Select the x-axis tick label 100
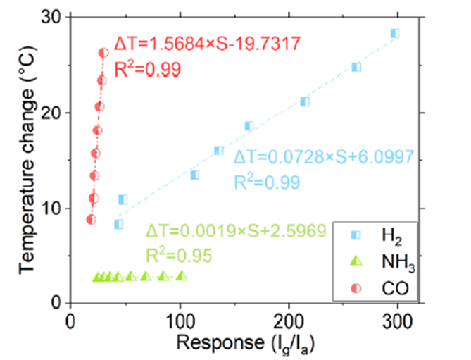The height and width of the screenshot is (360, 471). point(180,320)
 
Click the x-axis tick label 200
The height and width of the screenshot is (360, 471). point(289,320)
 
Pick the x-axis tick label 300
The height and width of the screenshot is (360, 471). point(398,320)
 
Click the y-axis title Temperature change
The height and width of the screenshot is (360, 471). point(26,159)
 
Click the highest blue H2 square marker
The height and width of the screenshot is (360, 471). point(395,33)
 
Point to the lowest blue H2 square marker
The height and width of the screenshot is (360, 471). point(118,224)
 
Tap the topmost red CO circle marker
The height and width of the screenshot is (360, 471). point(103,53)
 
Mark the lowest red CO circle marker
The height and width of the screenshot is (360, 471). point(91,219)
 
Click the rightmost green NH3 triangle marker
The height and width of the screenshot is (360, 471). point(182,276)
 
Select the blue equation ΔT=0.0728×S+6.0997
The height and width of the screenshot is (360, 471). point(327,156)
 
